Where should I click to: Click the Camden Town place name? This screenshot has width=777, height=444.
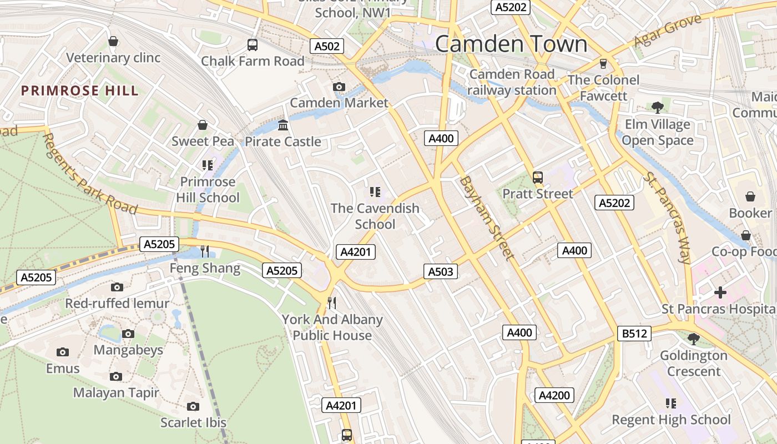[x=511, y=44]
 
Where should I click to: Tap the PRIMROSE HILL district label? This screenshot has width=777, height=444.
[x=80, y=91]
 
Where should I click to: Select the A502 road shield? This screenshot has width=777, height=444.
[x=327, y=47]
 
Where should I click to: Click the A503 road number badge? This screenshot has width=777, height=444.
[x=441, y=271]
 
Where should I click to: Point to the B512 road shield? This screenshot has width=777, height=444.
[x=633, y=334]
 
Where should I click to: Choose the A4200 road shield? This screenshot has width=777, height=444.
[x=554, y=395]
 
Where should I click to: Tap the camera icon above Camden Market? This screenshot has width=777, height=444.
[x=339, y=87]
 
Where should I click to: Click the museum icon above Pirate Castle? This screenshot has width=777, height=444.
[x=283, y=125]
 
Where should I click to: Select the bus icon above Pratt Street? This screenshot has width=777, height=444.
[x=537, y=178]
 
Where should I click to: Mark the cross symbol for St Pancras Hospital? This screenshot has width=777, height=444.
[x=720, y=292]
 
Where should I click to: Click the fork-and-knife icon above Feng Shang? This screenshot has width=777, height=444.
[x=205, y=251]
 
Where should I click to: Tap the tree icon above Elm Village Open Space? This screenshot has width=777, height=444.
[x=658, y=108]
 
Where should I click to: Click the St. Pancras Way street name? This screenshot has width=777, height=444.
[x=668, y=217]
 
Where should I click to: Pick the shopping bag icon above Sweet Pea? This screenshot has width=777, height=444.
[x=203, y=125]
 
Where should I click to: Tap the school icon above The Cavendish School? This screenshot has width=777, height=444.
[x=375, y=192]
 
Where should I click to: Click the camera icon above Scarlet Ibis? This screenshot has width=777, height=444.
[x=193, y=406]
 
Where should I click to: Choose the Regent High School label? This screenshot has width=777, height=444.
[x=671, y=420]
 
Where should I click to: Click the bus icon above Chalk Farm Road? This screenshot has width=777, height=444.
[x=253, y=45]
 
